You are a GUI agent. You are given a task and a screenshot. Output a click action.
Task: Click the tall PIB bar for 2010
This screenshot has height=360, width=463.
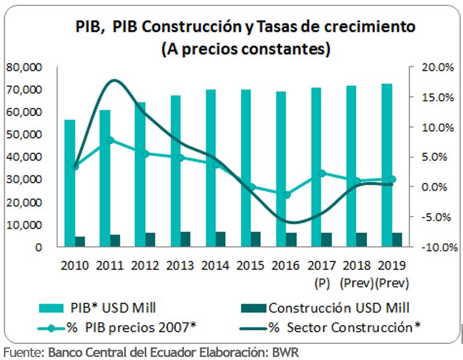coord(70,183)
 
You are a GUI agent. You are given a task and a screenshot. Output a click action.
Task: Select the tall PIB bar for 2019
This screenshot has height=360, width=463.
coord(387,165)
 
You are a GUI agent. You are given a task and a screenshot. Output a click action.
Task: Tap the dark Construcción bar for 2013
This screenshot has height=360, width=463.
coord(185,239)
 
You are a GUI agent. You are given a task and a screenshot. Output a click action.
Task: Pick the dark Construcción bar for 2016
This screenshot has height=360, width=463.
coord(291,239)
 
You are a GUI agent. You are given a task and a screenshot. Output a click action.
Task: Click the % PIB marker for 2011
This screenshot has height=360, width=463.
coord(110,140)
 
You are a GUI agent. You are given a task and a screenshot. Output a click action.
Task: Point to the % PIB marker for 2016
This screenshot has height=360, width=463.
coord(287,194)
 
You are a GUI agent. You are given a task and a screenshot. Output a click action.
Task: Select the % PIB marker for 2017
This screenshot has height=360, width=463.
coord(322,173)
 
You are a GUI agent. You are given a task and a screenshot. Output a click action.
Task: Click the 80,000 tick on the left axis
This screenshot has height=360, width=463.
coord(23,67)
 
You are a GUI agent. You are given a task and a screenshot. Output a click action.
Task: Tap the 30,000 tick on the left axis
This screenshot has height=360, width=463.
coord(23,179)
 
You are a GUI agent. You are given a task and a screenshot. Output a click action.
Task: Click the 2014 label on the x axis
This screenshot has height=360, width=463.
coord(215,265)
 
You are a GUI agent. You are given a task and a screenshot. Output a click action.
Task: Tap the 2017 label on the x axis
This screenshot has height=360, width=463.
coord(321,265)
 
